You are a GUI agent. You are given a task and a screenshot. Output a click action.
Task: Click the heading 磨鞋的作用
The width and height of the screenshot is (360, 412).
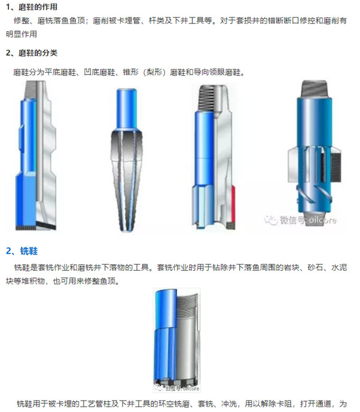click(x=38, y=7)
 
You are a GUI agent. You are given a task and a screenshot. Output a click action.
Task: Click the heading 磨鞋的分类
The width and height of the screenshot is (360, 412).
click(x=38, y=53)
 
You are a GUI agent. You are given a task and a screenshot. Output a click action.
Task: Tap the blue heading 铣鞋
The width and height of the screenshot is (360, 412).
click(x=29, y=251)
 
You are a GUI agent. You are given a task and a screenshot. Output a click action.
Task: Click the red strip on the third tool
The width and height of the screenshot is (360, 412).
click(x=233, y=203)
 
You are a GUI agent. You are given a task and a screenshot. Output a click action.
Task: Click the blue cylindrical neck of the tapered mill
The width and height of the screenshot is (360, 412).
click(x=127, y=109)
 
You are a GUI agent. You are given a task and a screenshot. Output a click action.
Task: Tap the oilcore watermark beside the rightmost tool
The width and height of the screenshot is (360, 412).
click(x=301, y=220)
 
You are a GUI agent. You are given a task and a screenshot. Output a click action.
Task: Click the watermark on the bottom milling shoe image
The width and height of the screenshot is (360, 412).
click(x=176, y=387)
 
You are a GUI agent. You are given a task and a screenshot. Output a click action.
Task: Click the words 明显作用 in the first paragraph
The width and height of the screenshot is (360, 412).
click(x=22, y=34)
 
